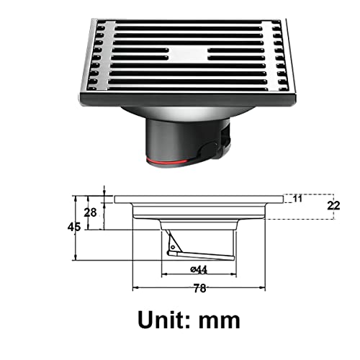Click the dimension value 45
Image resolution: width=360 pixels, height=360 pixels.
click(73, 226)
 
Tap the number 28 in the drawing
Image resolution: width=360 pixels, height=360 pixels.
click(91, 212)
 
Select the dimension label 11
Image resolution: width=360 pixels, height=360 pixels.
click(297, 198)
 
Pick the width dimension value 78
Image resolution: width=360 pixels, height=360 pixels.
click(199, 288)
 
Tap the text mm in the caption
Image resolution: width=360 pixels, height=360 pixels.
click(217, 319)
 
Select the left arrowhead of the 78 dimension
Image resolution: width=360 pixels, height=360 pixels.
click(134, 290)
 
